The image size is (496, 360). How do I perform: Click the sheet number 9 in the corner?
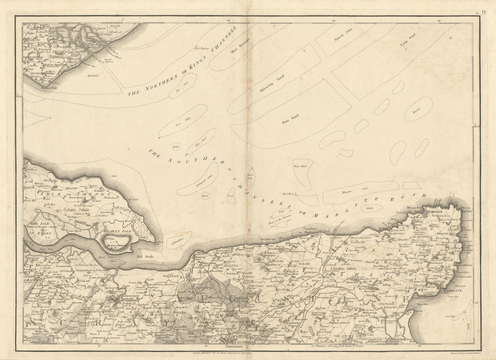[484, 4]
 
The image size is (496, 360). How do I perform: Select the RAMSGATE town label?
[452, 291]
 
